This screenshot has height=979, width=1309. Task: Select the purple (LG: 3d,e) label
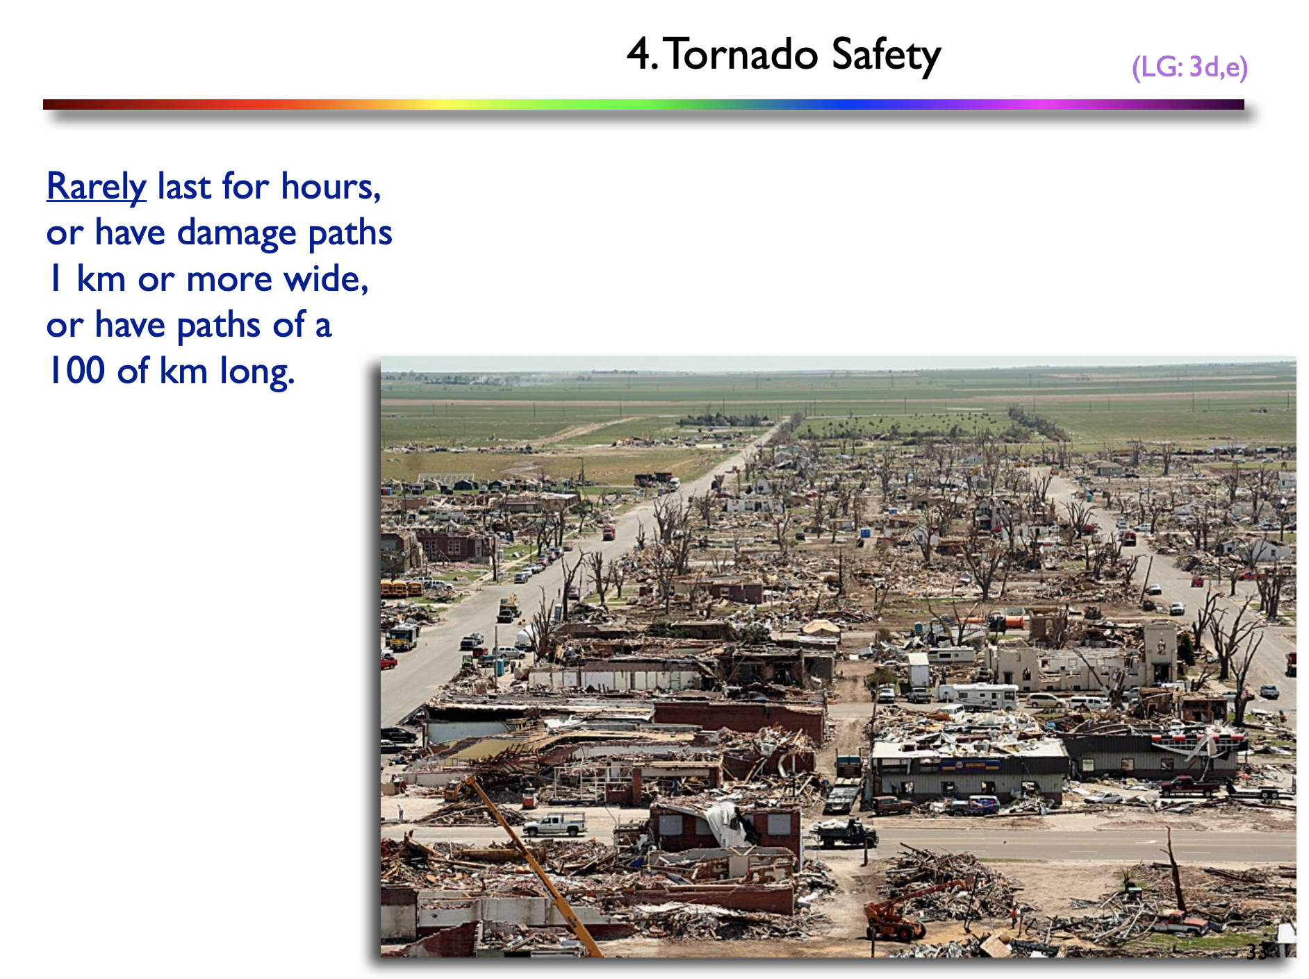1189,67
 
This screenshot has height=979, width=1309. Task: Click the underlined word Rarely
96,187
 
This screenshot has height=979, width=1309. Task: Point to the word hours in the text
331,186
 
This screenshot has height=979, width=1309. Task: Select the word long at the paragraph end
257,371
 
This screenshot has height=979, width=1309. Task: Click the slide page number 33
1256,951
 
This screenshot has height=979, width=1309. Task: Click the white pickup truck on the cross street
554,825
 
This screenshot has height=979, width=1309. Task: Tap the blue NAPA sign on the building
970,766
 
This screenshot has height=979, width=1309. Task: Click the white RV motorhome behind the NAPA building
978,694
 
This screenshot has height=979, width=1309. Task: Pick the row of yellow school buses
401,589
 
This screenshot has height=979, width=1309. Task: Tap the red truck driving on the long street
609,533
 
